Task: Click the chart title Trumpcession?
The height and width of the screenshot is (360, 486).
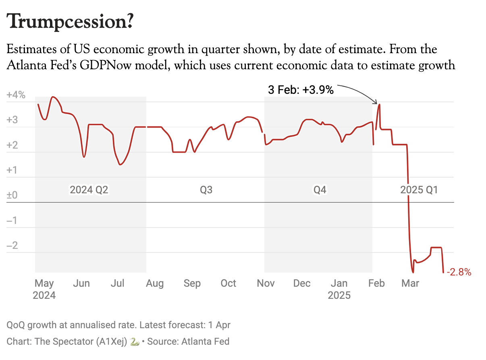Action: pyautogui.click(x=70, y=21)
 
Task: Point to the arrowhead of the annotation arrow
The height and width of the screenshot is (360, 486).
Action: pyautogui.click(x=376, y=103)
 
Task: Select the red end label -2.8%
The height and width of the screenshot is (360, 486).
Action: pyautogui.click(x=459, y=272)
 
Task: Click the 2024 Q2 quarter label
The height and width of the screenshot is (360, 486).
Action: pyautogui.click(x=89, y=190)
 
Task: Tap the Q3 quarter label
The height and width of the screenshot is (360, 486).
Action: pyautogui.click(x=206, y=190)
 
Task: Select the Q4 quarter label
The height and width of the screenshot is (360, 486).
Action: pyautogui.click(x=320, y=190)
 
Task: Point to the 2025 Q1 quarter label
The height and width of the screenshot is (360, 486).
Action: pyautogui.click(x=419, y=190)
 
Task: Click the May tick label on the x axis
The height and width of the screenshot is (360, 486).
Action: pyautogui.click(x=44, y=283)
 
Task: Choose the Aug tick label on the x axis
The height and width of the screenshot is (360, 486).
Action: pyautogui.click(x=155, y=283)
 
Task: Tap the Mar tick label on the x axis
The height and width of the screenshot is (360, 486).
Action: pyautogui.click(x=410, y=283)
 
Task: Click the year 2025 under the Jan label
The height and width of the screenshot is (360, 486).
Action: pyautogui.click(x=339, y=296)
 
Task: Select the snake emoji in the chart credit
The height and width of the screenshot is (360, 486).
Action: pyautogui.click(x=135, y=342)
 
